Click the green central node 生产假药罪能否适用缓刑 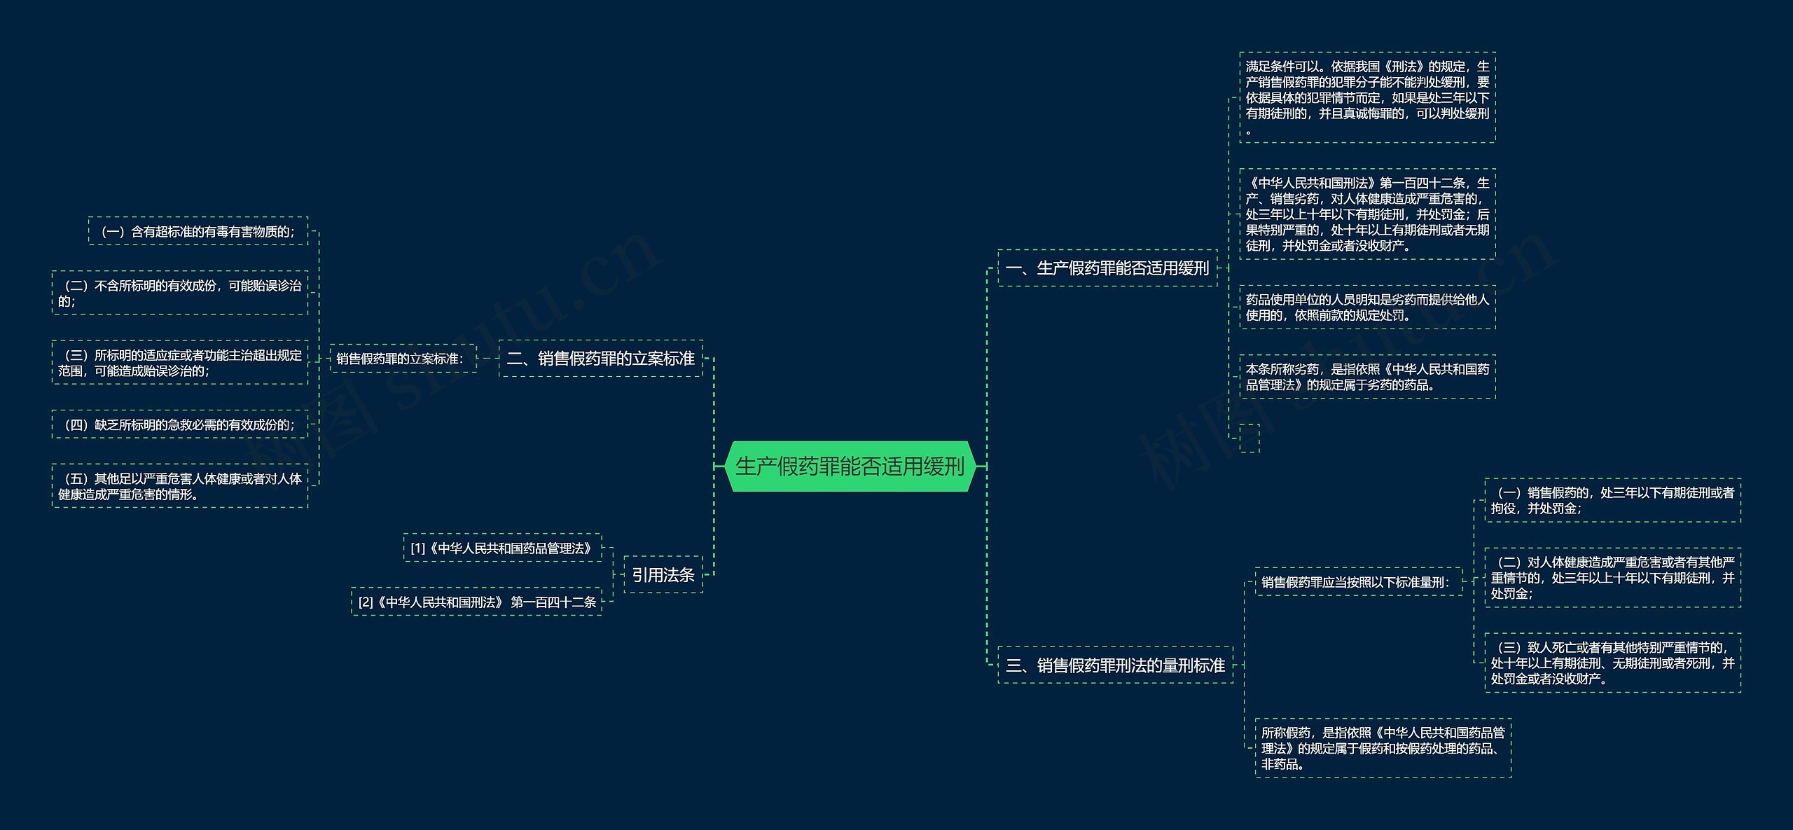point(850,466)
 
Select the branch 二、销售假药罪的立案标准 point(600,359)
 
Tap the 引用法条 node point(663,575)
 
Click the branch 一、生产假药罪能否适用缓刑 point(1107,268)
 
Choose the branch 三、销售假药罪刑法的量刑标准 point(1115,665)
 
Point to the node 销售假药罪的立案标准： point(403,359)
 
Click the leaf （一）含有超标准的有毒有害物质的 point(198,231)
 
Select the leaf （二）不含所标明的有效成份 point(180,293)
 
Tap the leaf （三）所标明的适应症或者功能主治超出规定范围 point(180,363)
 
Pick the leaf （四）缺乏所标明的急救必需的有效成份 point(180,424)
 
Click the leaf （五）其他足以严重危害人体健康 point(180,486)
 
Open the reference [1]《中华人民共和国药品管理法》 point(502,548)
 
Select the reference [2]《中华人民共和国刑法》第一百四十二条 point(476,602)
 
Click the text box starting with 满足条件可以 point(1367,97)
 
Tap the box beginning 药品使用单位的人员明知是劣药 point(1367,307)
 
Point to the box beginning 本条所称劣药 point(1367,377)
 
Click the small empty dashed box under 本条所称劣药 point(1249,438)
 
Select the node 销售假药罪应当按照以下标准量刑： point(1359,582)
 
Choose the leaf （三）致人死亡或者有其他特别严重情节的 point(1612,663)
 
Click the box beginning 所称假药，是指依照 point(1383,748)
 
